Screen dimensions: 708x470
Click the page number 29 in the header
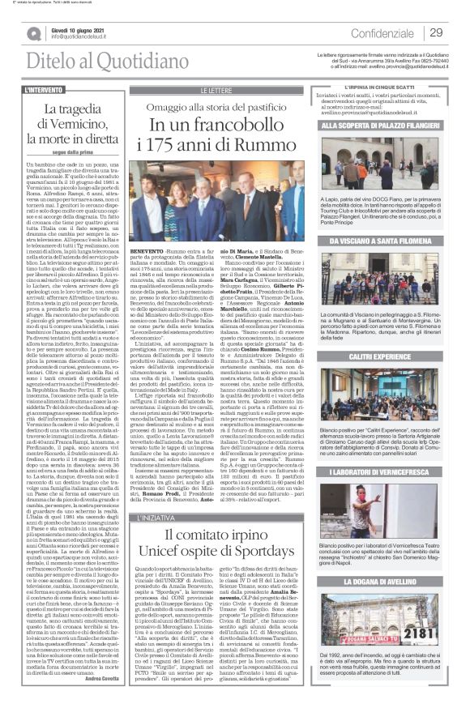436,32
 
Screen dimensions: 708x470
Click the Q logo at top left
33,31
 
